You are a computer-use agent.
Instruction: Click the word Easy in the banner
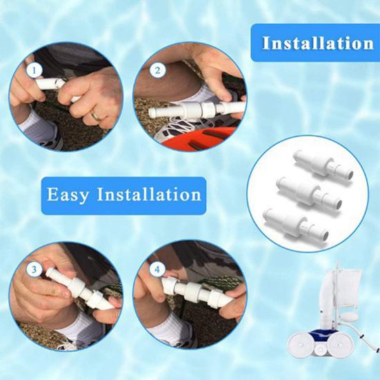[x=69, y=194]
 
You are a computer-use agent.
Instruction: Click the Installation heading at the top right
[x=318, y=43]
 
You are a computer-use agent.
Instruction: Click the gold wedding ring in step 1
[x=96, y=116]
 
